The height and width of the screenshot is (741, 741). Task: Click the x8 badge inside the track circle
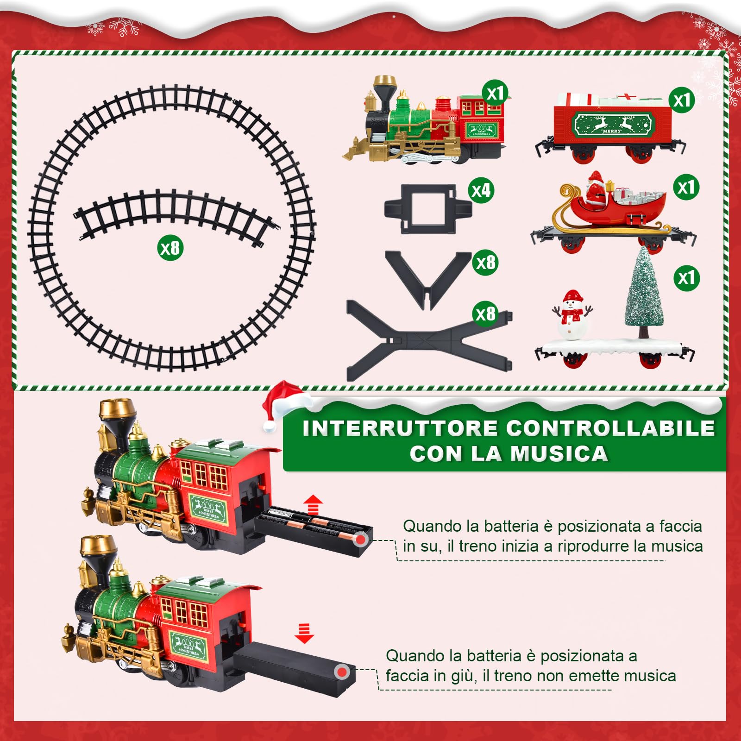click(x=170, y=248)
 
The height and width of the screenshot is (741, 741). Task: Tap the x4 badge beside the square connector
click(x=481, y=190)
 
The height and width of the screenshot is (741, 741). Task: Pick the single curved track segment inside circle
click(x=176, y=213)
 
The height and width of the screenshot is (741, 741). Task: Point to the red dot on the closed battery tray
click(x=342, y=672)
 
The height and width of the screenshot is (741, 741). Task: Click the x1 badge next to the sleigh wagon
click(x=686, y=188)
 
